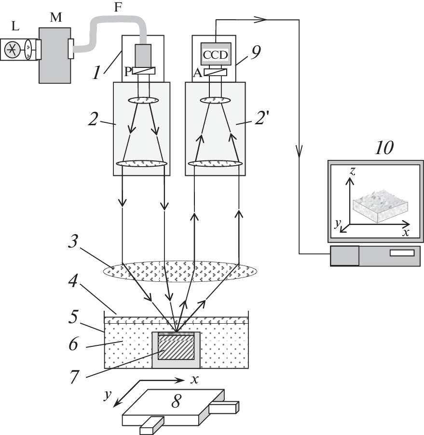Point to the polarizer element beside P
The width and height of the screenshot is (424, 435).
click(x=143, y=71)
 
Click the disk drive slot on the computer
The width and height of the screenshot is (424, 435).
click(x=401, y=252)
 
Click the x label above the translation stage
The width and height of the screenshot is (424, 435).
click(x=194, y=379)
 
